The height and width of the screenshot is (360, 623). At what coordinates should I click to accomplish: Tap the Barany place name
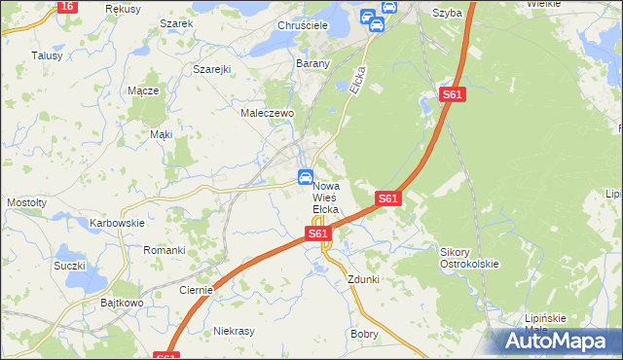coord(313,63)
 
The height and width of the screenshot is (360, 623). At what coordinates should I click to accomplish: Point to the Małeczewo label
coord(267,113)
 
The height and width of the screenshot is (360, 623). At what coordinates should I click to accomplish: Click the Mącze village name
coord(143,90)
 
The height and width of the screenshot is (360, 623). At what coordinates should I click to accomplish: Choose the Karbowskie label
coord(117,223)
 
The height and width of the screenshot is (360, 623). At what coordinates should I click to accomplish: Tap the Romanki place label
coord(165,250)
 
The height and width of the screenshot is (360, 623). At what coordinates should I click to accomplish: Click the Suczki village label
coord(70,266)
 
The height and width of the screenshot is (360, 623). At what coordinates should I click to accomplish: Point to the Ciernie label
coord(197,289)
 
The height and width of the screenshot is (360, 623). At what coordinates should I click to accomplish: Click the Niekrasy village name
coord(234,331)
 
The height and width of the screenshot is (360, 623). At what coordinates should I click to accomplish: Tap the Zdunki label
coord(363,279)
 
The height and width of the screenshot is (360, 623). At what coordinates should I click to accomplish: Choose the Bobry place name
coord(364,333)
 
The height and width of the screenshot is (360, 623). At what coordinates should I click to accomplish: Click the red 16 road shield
coord(66,6)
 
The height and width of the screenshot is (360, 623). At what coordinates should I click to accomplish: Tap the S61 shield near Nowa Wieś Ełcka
coord(317,234)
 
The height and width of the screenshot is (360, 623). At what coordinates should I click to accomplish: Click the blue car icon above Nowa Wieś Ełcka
coord(305,177)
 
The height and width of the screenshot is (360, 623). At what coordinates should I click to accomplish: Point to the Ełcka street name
coord(358,80)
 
